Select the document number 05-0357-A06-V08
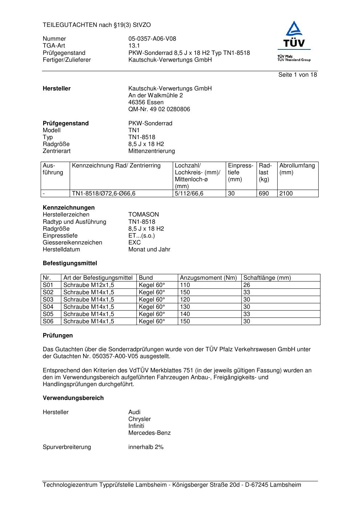(x=152, y=39)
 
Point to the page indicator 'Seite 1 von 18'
(x=297, y=75)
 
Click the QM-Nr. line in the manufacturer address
(x=159, y=109)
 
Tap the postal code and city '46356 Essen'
(x=146, y=102)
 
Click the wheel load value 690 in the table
(x=264, y=194)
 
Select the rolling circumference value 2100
(x=286, y=194)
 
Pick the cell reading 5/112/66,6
(x=189, y=194)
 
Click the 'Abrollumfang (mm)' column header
(x=297, y=169)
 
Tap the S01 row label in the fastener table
(x=48, y=285)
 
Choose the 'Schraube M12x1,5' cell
(x=89, y=285)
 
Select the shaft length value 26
(x=247, y=285)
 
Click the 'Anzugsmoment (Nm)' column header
(x=208, y=278)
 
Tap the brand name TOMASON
(x=144, y=215)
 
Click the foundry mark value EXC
(x=134, y=243)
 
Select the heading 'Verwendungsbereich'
(x=73, y=398)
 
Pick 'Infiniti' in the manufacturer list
(x=136, y=426)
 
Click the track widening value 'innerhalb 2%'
(x=146, y=447)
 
